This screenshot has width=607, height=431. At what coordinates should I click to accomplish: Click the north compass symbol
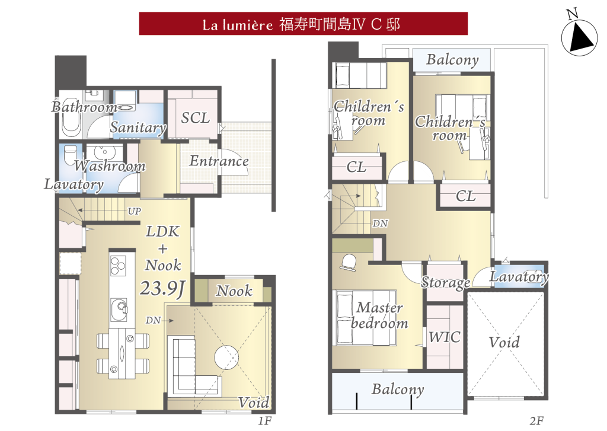(579, 36)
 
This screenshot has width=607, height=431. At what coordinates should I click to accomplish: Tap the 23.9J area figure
(162, 288)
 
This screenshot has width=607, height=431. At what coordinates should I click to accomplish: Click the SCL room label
(196, 118)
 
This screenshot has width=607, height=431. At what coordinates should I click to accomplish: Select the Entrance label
(219, 161)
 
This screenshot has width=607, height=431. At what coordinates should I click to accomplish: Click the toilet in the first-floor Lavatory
(70, 155)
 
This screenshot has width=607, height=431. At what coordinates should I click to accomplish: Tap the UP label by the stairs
(135, 211)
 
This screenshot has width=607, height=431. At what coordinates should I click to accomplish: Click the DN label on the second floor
(380, 224)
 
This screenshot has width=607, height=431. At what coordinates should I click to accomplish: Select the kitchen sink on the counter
(119, 309)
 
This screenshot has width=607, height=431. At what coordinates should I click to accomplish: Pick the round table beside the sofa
(226, 357)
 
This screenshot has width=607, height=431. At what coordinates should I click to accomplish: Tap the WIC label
(445, 337)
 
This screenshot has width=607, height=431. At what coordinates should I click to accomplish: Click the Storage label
(446, 283)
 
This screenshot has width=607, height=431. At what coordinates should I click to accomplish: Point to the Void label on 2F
(504, 342)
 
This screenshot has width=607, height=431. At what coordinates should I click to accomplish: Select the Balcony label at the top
(452, 60)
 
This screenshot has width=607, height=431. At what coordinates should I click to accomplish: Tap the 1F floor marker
(265, 420)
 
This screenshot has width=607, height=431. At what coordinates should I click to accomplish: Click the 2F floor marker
(536, 420)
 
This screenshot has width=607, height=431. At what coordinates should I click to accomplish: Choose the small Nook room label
(234, 290)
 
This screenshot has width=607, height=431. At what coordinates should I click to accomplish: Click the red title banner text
(301, 24)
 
